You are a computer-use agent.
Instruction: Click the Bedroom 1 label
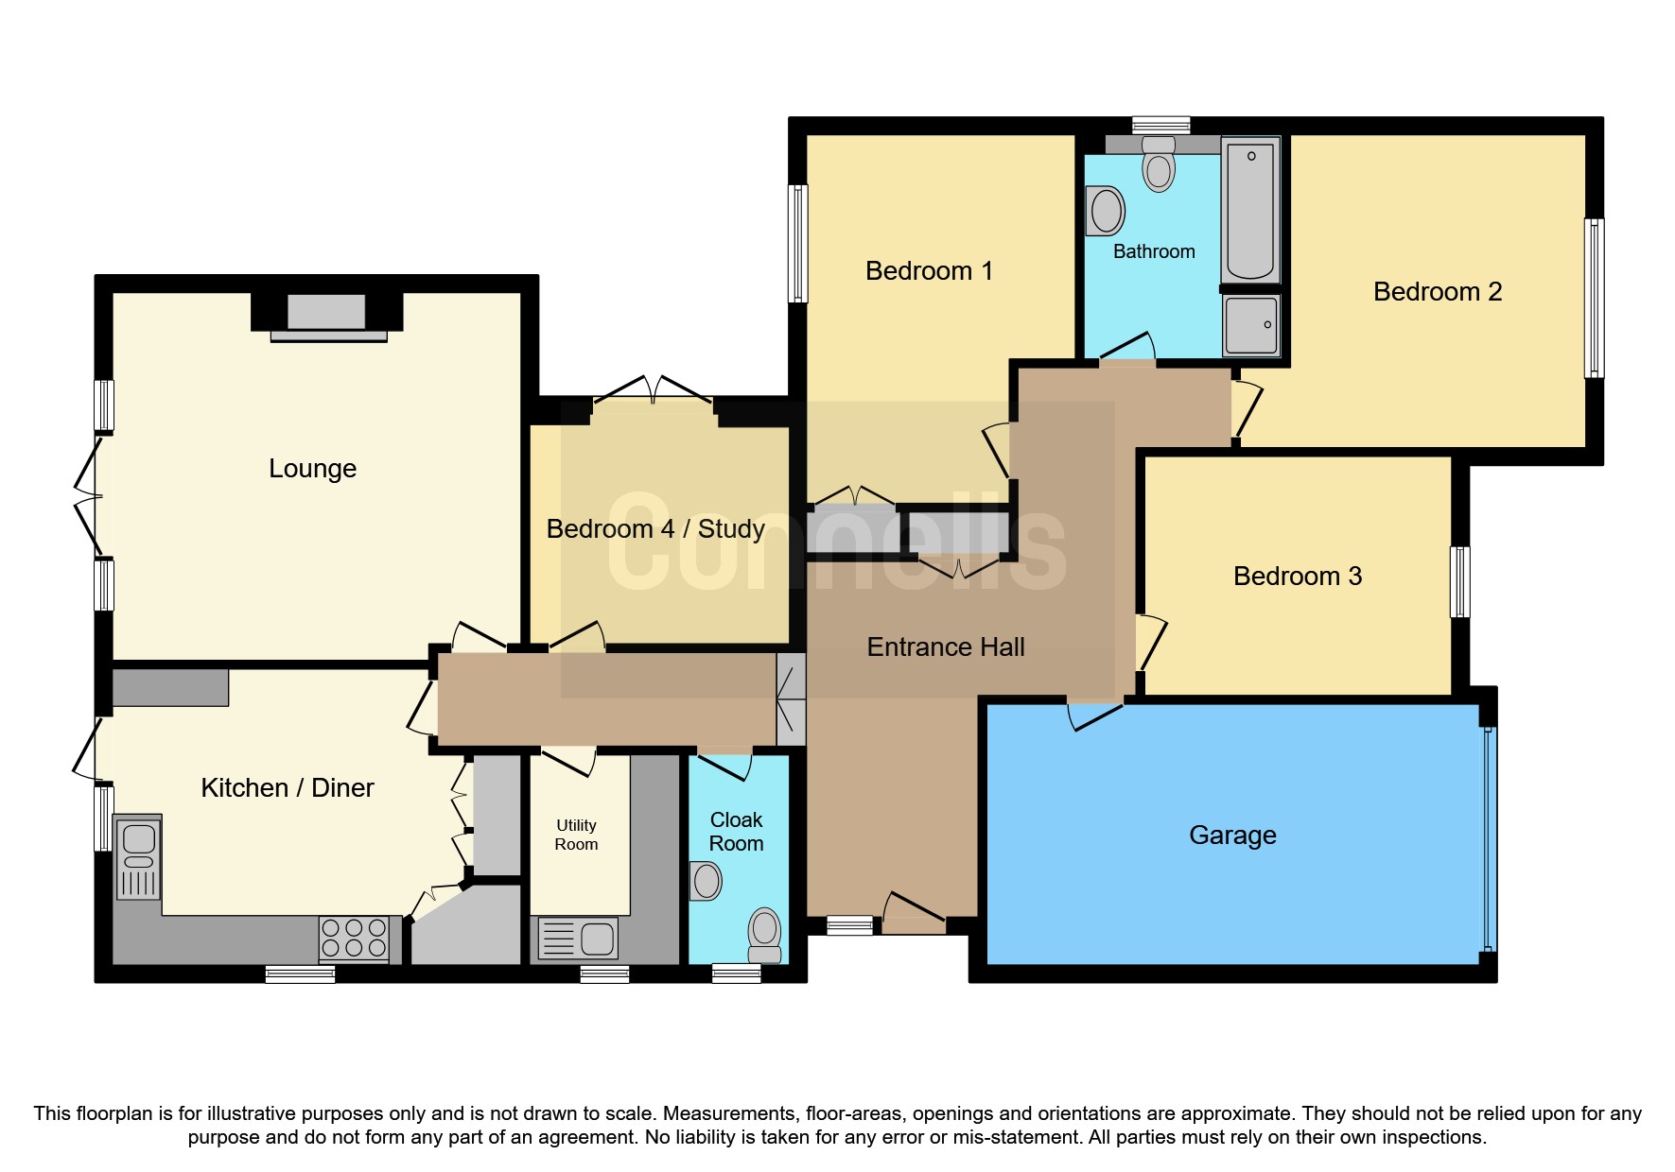[x=929, y=271]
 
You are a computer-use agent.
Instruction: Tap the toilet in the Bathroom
[x=1159, y=164]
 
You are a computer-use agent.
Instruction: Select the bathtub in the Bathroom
[x=1250, y=210]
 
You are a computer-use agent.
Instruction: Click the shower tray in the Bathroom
[x=1250, y=325]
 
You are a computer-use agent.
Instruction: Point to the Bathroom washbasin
[x=1106, y=210]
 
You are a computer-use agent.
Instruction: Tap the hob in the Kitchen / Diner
[x=354, y=939]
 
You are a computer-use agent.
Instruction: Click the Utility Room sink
[x=578, y=939]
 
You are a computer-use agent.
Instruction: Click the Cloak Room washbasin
[x=706, y=881]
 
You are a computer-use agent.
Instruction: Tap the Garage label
[x=1231, y=836]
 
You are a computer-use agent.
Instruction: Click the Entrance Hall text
[x=945, y=647]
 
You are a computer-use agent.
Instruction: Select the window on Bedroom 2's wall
[x=1594, y=299]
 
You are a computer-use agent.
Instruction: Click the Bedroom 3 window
[x=1460, y=582]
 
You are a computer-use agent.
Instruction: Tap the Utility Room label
[x=576, y=835]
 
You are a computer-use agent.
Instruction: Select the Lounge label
[x=312, y=469]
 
